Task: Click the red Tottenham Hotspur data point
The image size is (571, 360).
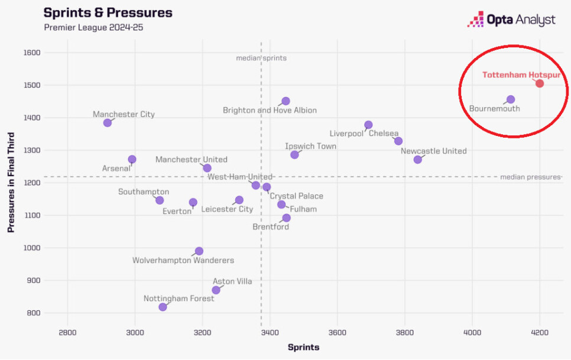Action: [x=540, y=83]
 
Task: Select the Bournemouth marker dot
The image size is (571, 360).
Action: [x=511, y=99]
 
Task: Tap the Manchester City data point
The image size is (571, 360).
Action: [x=108, y=123]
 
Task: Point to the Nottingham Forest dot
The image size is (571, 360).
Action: [x=163, y=307]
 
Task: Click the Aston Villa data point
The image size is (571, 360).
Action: [x=216, y=290]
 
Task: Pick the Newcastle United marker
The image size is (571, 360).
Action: [x=418, y=160]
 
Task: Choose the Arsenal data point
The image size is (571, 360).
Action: [x=132, y=160]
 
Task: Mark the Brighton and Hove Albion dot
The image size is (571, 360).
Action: [x=285, y=101]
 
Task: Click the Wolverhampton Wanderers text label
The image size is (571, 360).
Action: [x=183, y=260]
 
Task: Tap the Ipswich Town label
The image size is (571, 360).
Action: [x=310, y=146]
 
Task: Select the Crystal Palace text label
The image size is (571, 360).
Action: [x=296, y=196]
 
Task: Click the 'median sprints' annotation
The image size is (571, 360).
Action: [x=261, y=58]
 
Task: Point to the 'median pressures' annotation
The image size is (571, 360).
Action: [x=529, y=177]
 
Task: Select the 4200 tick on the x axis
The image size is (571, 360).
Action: [x=539, y=332]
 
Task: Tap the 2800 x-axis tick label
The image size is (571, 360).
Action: [x=67, y=332]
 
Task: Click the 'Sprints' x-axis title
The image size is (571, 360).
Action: [x=303, y=347]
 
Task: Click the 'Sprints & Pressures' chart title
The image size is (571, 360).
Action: [x=108, y=12]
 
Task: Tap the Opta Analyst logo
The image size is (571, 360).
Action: [x=511, y=20]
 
